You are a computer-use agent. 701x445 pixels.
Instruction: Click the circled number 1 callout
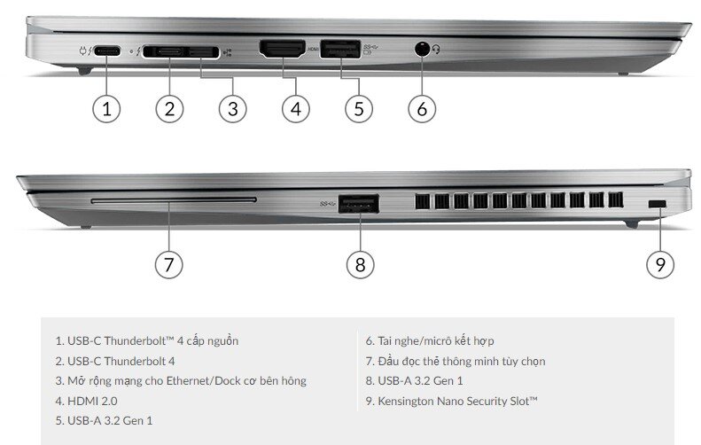point(106,109)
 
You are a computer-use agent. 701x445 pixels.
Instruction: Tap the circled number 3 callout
point(232,109)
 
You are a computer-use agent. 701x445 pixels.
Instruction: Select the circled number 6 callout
point(422,109)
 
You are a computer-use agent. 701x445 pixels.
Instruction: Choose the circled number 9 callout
point(660,263)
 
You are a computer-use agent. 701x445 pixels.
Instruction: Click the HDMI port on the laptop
point(281,50)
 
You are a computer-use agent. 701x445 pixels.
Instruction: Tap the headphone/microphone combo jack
point(422,50)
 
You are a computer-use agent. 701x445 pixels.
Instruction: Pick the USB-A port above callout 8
point(359,206)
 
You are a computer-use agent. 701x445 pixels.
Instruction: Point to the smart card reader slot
point(173,200)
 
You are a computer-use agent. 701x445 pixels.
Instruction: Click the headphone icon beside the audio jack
point(438,51)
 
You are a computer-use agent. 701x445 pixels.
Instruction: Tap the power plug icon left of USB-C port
point(82,51)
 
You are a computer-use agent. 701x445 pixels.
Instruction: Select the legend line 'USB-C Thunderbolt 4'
point(115,361)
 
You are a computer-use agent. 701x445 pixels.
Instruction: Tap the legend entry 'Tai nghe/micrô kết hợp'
point(430,340)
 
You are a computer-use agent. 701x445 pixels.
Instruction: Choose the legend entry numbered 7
point(456,361)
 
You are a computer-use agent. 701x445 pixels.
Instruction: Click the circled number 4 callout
point(296,109)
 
